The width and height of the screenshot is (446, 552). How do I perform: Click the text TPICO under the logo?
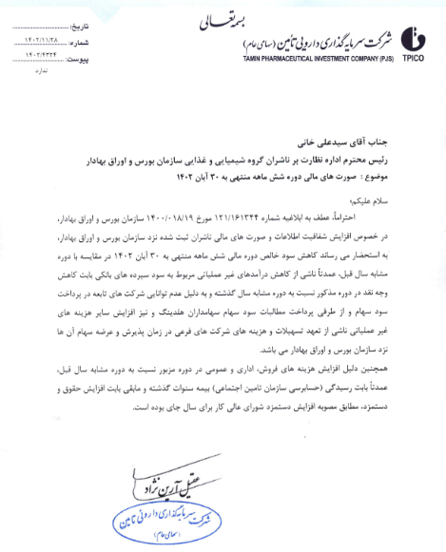coord(416,60)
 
